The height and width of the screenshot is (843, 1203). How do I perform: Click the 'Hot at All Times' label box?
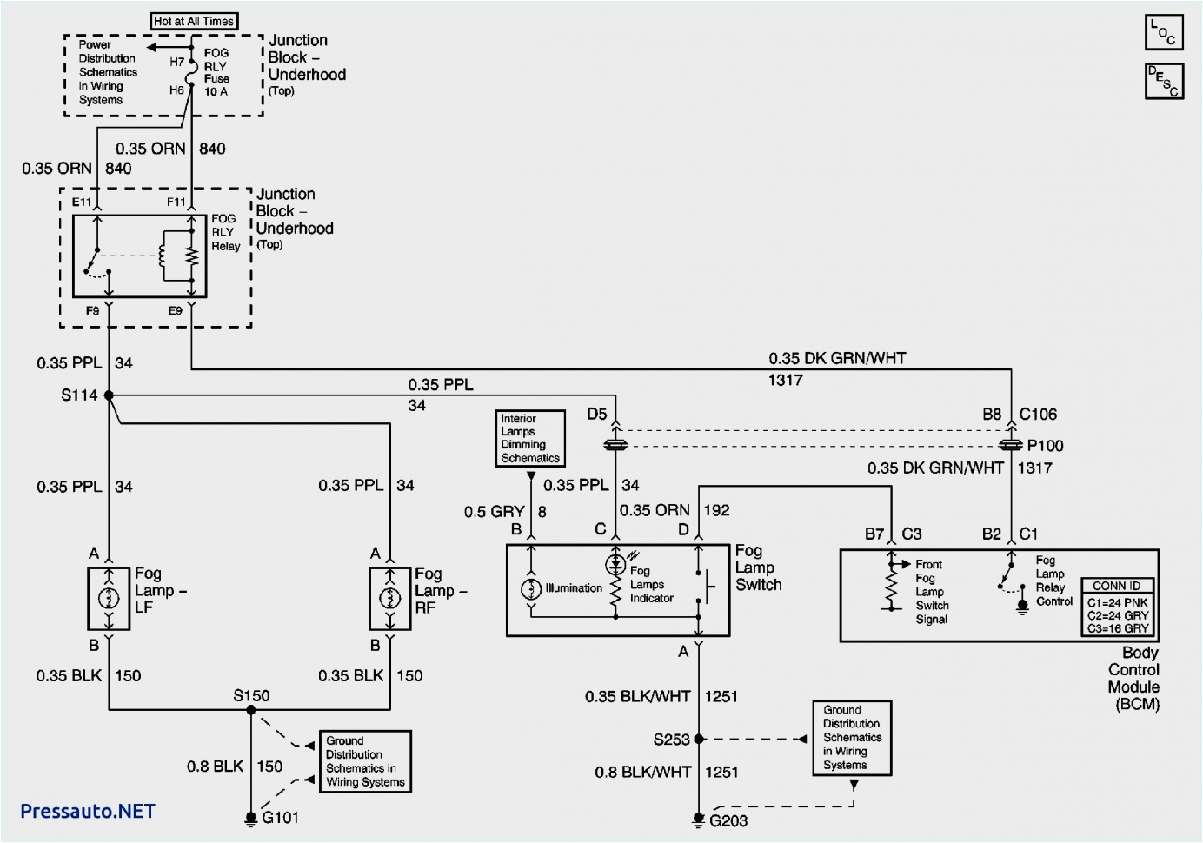[x=194, y=21]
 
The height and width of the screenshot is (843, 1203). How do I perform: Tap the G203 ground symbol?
[x=698, y=819]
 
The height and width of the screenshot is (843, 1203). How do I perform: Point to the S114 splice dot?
[x=109, y=395]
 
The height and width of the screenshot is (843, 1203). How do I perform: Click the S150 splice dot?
[x=251, y=710]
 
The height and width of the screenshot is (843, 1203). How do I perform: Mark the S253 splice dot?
[x=699, y=739]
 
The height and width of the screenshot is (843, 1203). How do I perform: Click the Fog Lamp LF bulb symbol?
[x=109, y=598]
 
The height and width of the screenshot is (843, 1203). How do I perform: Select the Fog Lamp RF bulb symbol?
[x=390, y=598]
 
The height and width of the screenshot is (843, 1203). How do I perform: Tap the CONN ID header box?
[x=1117, y=586]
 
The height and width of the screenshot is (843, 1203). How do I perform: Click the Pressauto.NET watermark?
[x=87, y=811]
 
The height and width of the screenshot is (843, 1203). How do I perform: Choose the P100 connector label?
[x=1045, y=446]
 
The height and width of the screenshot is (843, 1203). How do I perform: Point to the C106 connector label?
[x=1038, y=415]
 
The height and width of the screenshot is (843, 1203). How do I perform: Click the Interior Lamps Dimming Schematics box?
[x=530, y=438]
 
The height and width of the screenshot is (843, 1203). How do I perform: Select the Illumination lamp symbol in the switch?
[x=531, y=589]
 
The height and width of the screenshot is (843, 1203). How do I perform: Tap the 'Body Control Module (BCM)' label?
[x=1134, y=678]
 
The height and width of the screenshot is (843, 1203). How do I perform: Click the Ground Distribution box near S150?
[x=365, y=761]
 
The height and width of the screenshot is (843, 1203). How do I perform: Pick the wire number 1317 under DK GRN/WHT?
[x=786, y=380]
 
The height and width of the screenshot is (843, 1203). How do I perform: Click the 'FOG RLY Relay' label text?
[x=225, y=232]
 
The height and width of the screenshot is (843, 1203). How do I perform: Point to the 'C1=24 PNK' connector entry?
[x=1118, y=602]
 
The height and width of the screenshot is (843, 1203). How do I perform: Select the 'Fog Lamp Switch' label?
[x=758, y=568]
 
